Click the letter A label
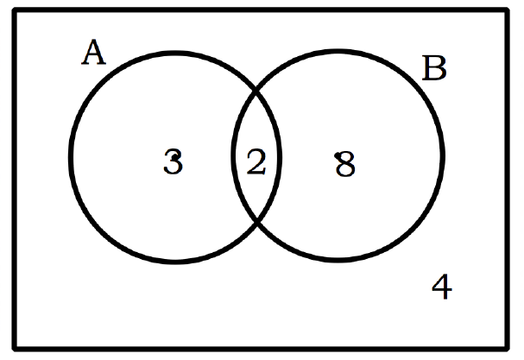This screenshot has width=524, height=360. tap(94, 52)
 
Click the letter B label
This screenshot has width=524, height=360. tap(434, 68)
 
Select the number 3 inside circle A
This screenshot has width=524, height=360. tap(174, 161)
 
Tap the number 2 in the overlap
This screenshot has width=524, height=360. tap(256, 162)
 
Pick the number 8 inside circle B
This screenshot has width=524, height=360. tap(345, 164)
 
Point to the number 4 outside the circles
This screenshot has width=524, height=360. tap(442, 287)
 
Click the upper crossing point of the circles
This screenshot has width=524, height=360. tap(256, 90)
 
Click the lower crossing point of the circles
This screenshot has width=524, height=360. tap(257, 221)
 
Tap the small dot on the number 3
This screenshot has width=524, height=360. tap(174, 156)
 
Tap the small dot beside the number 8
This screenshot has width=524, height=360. tap(337, 155)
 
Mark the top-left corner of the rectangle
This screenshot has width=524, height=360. tap(15, 10)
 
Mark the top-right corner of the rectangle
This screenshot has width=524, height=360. tap(507, 10)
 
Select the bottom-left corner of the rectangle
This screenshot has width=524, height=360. tap(15, 349)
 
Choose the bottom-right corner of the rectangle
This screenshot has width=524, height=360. tap(507, 349)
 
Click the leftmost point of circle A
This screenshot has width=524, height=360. tap(71, 157)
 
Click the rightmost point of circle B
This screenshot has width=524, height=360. tap(443, 155)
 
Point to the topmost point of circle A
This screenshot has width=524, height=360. tap(175, 53)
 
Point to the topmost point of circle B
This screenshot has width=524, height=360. tap(338, 51)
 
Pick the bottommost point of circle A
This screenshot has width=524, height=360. tap(175, 262)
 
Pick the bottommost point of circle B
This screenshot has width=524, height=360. tap(338, 260)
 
